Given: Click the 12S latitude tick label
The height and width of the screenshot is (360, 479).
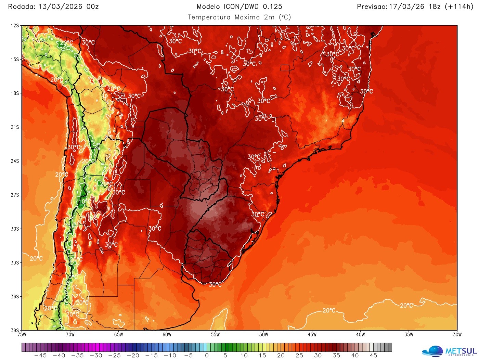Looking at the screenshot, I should pyautogui.click(x=15, y=26).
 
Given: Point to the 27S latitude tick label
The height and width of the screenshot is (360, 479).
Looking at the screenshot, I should pyautogui.click(x=15, y=195).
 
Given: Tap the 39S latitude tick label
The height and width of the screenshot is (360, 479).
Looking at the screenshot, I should pyautogui.click(x=15, y=330).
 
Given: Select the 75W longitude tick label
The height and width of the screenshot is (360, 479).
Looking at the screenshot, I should pyautogui.click(x=22, y=335).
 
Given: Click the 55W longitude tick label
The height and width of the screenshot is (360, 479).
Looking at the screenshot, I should pyautogui.click(x=215, y=335).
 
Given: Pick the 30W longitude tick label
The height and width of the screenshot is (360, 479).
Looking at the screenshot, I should pyautogui.click(x=457, y=335).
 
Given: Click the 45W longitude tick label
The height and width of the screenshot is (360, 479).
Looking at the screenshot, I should pyautogui.click(x=312, y=335).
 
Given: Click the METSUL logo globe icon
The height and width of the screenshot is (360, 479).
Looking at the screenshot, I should pyautogui.click(x=433, y=351).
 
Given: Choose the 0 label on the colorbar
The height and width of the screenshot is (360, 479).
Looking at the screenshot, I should pyautogui.click(x=207, y=356).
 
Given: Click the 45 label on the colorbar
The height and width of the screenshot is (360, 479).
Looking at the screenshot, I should pyautogui.click(x=374, y=356).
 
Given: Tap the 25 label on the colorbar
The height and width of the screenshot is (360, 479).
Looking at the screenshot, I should pyautogui.click(x=299, y=356).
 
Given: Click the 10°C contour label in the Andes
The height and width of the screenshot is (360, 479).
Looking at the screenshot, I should pyautogui.click(x=83, y=201).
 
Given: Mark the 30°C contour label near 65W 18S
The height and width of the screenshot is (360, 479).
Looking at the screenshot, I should pyautogui.click(x=134, y=96).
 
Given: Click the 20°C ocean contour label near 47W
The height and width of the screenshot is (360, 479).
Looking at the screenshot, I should pyautogui.click(x=329, y=310).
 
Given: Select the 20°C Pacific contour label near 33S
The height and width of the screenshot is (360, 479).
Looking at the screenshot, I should pyautogui.click(x=36, y=258).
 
